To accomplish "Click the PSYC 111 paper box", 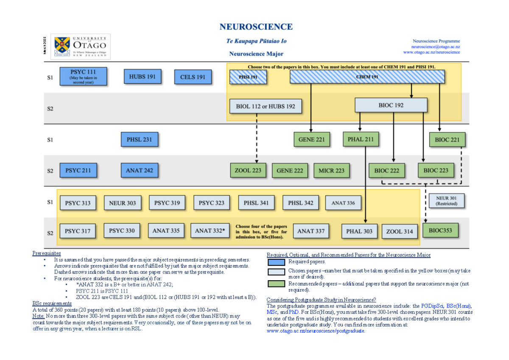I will [83, 77].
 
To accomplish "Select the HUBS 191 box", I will [143, 77].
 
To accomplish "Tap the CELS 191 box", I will [193, 77].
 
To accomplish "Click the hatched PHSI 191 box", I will [248, 77].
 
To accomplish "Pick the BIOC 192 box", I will [391, 105].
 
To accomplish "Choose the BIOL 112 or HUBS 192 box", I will [266, 106].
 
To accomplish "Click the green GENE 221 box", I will [312, 139].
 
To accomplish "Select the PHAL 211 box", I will [361, 139].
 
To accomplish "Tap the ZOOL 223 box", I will [248, 170].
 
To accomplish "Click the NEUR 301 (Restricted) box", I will [446, 200].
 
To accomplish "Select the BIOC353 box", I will [443, 231].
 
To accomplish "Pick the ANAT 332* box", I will [210, 231].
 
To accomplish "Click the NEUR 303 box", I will [122, 203].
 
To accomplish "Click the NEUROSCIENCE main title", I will [256, 27].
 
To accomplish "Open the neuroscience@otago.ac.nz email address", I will [436, 47].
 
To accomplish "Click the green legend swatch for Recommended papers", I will [277, 284].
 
